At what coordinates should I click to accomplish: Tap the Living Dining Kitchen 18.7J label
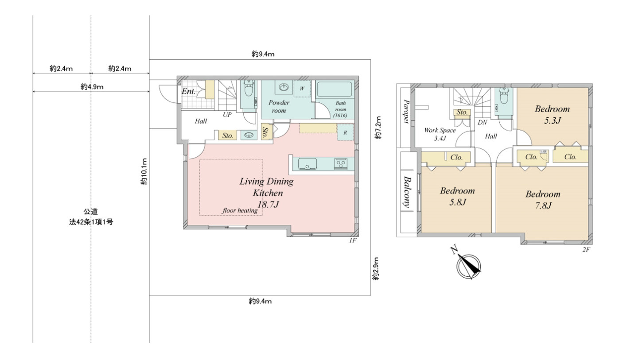point(267,193)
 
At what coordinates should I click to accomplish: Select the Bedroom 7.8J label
point(543,200)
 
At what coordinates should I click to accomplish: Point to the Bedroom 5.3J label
point(552,114)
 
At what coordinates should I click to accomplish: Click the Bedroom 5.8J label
point(457,196)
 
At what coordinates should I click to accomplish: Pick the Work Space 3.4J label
point(440,134)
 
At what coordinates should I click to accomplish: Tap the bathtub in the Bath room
point(335,89)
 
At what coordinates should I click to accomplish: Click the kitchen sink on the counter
point(307,164)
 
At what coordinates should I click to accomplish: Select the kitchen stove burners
point(340,164)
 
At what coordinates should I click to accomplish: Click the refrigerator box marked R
point(345,132)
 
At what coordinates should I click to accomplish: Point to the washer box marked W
point(302,89)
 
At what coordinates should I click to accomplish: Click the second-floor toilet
point(504,96)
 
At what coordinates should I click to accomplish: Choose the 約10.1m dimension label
point(144,172)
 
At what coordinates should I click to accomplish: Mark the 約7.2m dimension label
point(377,128)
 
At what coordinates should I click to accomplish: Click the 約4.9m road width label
point(92,87)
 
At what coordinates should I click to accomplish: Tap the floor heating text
point(240,210)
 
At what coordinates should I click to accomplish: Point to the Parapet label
point(406,112)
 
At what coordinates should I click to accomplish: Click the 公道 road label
point(90,212)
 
